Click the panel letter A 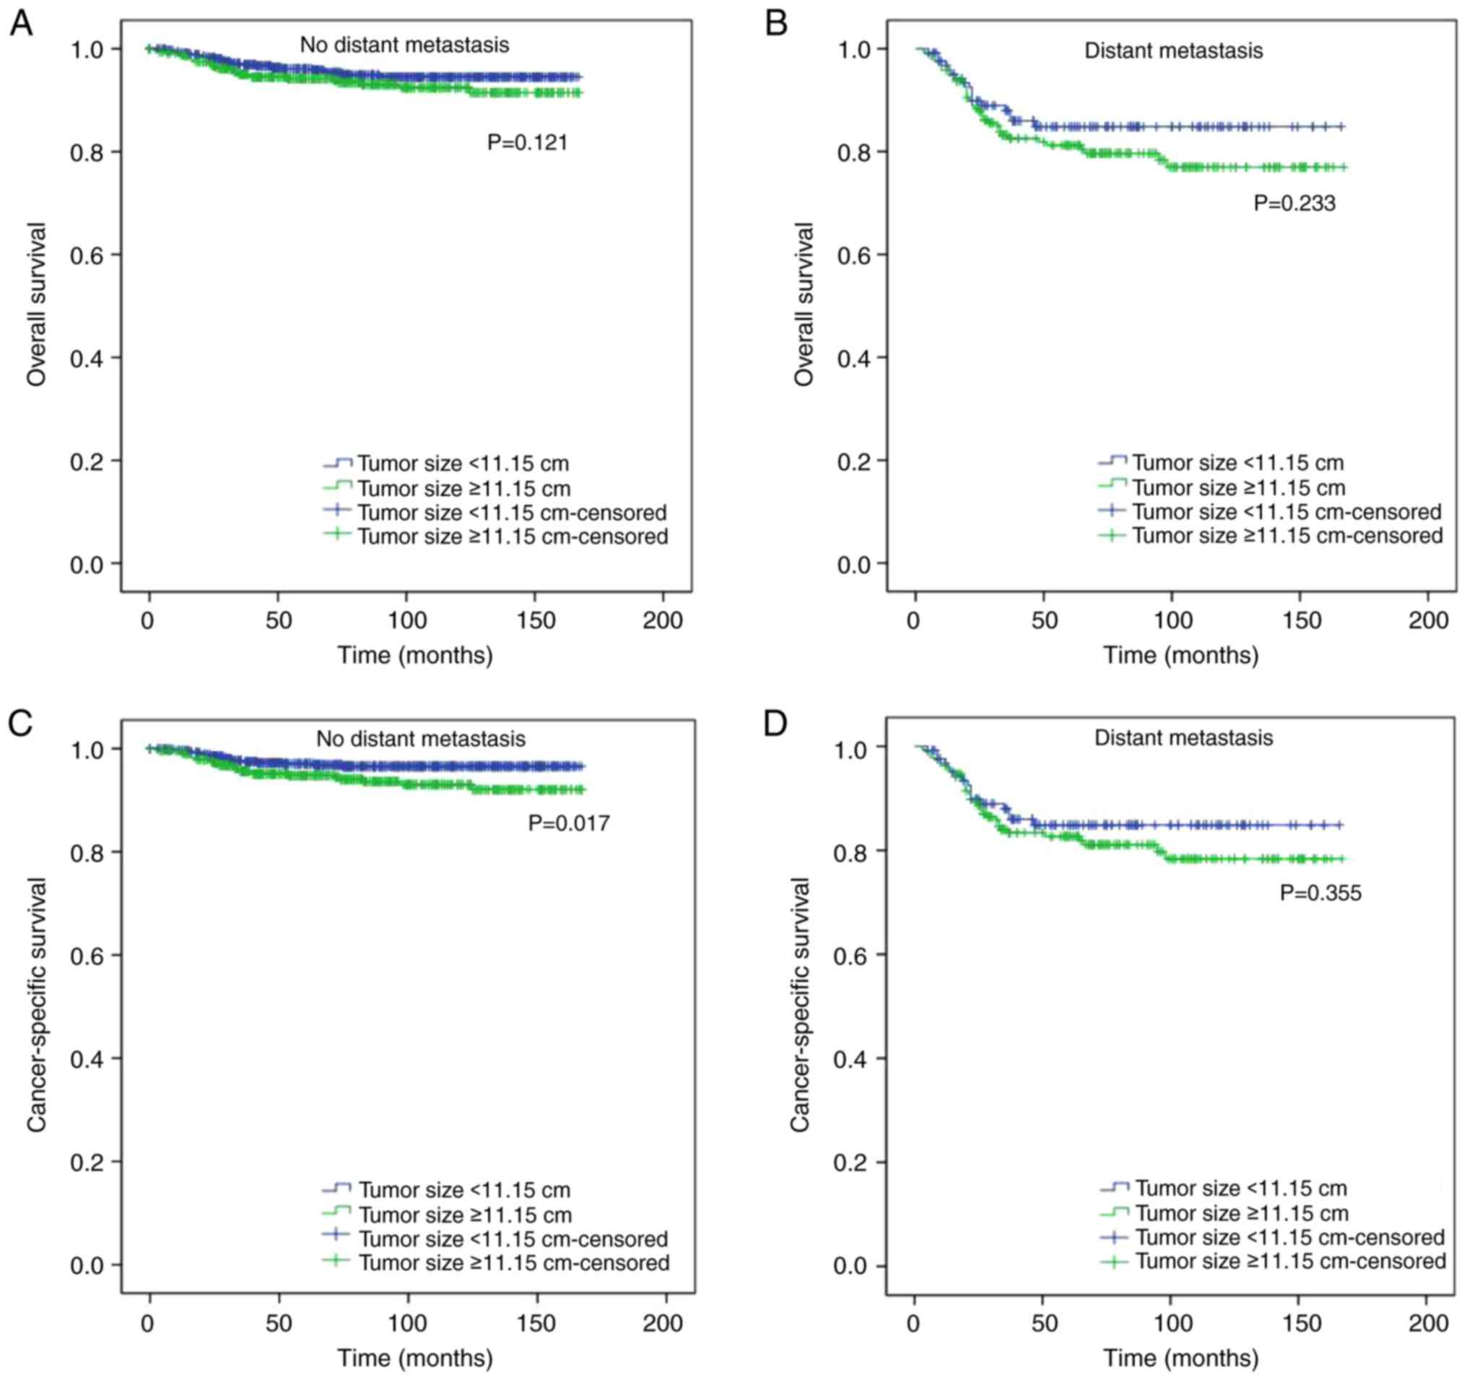[21, 25]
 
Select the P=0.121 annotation [528, 142]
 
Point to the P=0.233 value [1294, 203]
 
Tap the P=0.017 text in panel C [569, 823]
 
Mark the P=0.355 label [1320, 893]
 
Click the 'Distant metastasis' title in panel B [1173, 51]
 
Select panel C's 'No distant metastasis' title [421, 739]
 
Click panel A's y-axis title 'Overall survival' [37, 304]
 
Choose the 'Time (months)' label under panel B [1180, 655]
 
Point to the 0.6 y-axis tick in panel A [87, 256]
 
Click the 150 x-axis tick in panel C [536, 1324]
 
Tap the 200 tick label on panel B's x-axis [1429, 620]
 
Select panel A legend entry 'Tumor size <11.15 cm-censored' [512, 512]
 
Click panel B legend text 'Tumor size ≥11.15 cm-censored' [1288, 536]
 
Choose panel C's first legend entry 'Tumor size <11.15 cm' [464, 1190]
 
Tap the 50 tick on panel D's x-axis [1044, 1324]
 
